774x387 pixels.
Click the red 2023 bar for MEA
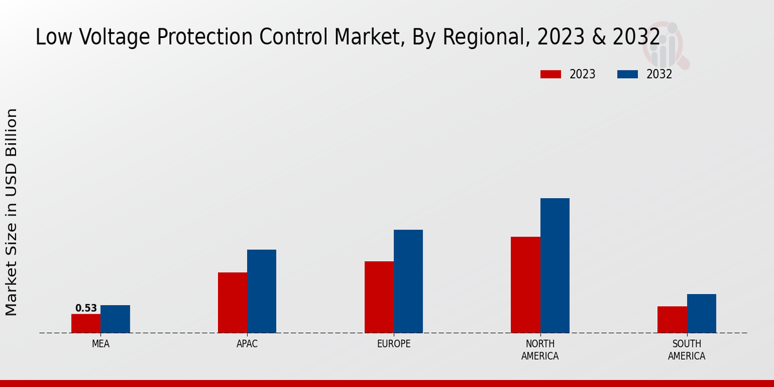tap(86, 323)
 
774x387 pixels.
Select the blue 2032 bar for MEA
tap(115, 319)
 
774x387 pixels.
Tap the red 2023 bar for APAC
tap(232, 303)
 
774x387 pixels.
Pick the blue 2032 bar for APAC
tap(261, 291)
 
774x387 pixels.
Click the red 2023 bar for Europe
tap(379, 297)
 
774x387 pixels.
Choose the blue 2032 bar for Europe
tap(408, 281)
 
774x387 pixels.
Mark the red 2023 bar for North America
tap(525, 284)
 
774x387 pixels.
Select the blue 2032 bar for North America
tap(555, 265)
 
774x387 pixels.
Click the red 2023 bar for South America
tap(672, 319)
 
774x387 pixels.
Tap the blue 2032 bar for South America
tap(701, 313)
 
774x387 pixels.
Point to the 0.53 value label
tap(86, 308)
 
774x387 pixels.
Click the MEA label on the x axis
tap(101, 344)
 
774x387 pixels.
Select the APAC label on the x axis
tap(247, 344)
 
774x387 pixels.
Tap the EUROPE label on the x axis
tap(393, 344)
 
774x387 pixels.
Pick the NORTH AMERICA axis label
tap(540, 350)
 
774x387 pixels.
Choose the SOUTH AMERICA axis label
tap(686, 350)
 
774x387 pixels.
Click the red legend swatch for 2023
tap(551, 74)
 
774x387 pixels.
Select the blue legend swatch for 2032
tap(627, 74)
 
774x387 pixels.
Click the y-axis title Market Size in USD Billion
tap(12, 212)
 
